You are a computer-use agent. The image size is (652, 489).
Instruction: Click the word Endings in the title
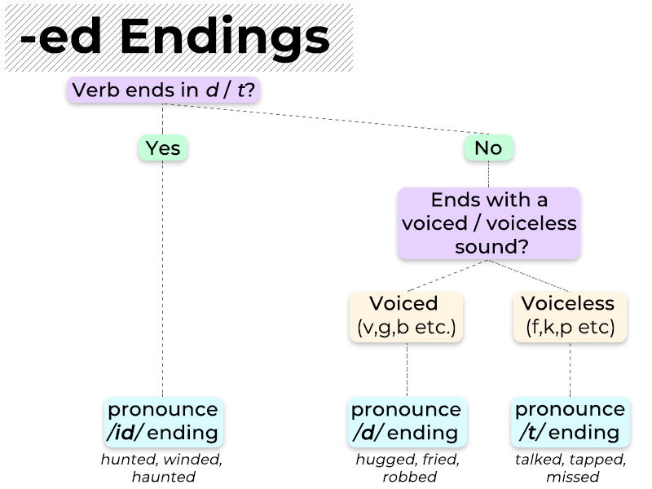(x=238, y=37)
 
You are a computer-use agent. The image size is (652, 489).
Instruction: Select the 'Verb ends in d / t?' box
(x=163, y=90)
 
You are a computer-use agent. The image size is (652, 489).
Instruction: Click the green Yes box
(x=163, y=148)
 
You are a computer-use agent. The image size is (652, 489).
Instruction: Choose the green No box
(x=488, y=148)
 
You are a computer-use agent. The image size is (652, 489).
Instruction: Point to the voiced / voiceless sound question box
(x=489, y=223)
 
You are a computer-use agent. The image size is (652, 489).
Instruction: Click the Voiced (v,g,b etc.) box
(x=406, y=316)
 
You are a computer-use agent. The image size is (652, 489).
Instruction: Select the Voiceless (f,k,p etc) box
(x=570, y=316)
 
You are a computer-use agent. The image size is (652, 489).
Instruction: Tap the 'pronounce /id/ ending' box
(x=163, y=421)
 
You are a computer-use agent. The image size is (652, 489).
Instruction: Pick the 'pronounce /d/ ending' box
(x=406, y=421)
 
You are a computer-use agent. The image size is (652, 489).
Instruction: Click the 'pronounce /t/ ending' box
(x=570, y=421)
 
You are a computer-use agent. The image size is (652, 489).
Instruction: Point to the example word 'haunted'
(x=163, y=477)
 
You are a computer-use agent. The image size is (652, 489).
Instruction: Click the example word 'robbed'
(x=407, y=477)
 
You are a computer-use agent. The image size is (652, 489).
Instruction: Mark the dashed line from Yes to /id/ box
(x=163, y=277)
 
